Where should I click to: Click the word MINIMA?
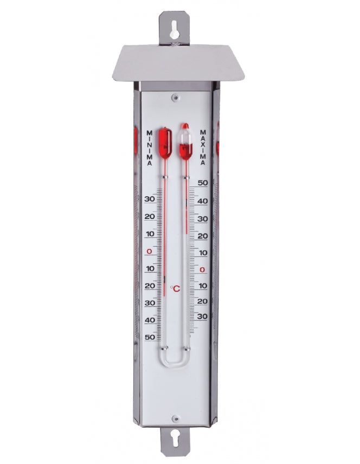point(150,147)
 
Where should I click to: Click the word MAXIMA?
point(203,147)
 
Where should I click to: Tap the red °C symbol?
point(175,288)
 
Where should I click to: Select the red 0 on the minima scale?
point(149,252)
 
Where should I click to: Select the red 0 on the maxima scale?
point(203,269)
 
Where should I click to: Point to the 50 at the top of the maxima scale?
point(203,183)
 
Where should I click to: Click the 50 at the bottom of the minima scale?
point(150,337)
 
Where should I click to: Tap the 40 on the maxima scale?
point(203,201)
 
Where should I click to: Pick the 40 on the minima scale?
point(150,320)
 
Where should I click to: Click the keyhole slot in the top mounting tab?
point(175,30)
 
